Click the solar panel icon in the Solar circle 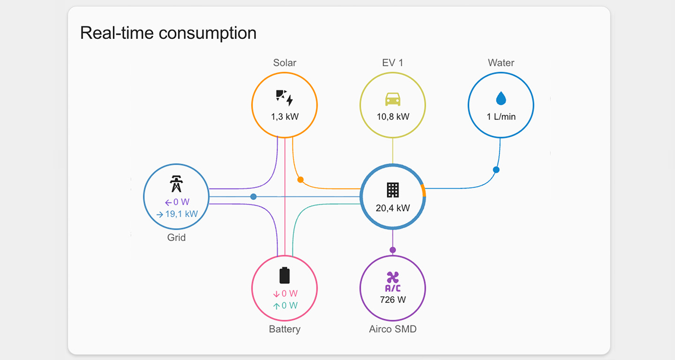[x=284, y=97]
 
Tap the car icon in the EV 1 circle [x=392, y=99]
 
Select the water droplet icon [x=501, y=98]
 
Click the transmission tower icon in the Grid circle [x=176, y=184]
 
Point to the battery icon [x=285, y=275]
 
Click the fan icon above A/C [x=393, y=277]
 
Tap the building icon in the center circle [x=393, y=190]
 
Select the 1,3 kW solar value [x=285, y=117]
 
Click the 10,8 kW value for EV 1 [x=393, y=117]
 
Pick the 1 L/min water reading [x=501, y=117]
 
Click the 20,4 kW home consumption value [x=393, y=208]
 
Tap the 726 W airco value [x=393, y=300]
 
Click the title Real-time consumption [x=168, y=33]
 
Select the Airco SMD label [x=393, y=329]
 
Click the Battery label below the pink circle [x=285, y=329]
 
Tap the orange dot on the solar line [x=300, y=180]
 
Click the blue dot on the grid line [x=254, y=196]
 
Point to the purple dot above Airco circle [x=393, y=250]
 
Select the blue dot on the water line [x=496, y=170]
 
